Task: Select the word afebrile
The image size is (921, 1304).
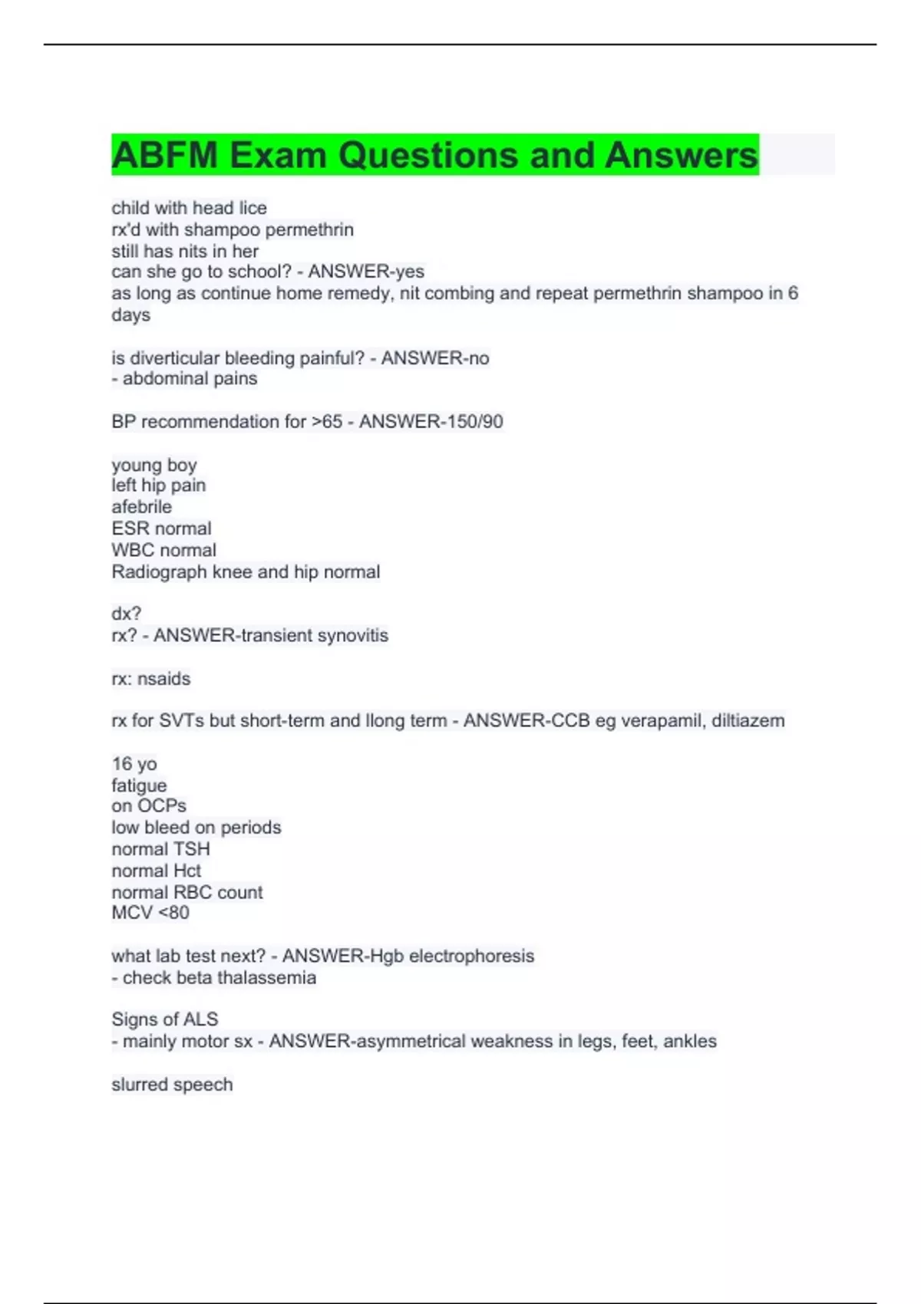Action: (x=142, y=507)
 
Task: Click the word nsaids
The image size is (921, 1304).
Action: (x=164, y=679)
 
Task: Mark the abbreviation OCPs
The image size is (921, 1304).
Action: (x=162, y=806)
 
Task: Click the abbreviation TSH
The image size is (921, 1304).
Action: (x=192, y=849)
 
